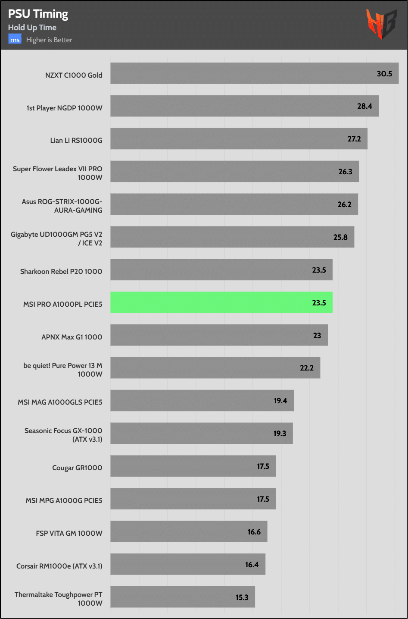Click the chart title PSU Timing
tap(38, 14)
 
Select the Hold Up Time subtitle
tap(32, 28)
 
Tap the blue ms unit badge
tap(15, 40)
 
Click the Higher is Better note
tap(49, 40)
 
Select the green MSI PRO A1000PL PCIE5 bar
tap(221, 302)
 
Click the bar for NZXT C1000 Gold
tap(254, 73)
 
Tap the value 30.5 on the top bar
tap(384, 74)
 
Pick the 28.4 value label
tap(364, 106)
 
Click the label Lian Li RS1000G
tap(76, 140)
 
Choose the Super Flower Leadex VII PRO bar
tap(234, 171)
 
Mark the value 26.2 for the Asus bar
tap(344, 204)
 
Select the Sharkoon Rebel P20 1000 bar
tap(221, 270)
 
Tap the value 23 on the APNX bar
tap(317, 336)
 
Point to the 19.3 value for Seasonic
tap(280, 434)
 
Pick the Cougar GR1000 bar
tap(193, 466)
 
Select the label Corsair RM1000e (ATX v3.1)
tap(59, 566)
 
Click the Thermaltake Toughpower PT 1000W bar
tap(182, 597)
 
